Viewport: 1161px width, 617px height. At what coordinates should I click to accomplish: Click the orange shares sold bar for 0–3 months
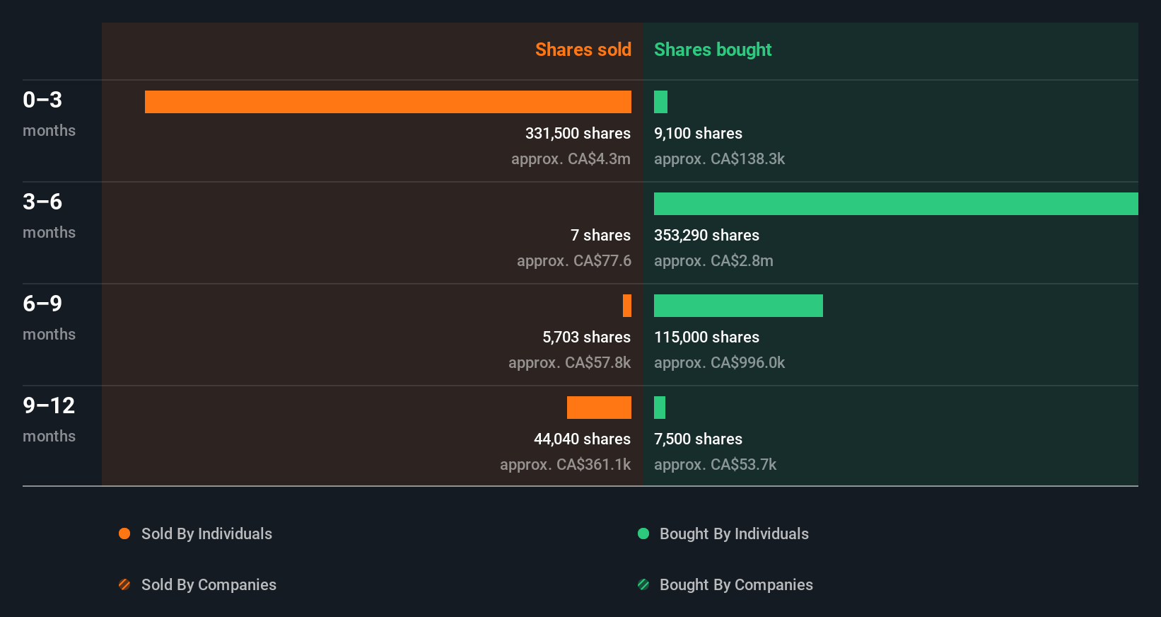[x=387, y=102]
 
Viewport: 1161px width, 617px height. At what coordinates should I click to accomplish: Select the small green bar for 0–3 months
[x=660, y=102]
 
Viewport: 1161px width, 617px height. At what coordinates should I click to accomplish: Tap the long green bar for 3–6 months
[x=895, y=204]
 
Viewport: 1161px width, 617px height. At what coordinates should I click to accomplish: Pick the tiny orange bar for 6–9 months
[x=627, y=306]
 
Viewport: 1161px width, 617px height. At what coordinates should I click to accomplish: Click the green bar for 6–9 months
[x=738, y=306]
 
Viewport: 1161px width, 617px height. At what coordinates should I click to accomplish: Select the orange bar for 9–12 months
[x=599, y=408]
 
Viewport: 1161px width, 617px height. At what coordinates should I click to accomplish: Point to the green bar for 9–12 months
[x=660, y=408]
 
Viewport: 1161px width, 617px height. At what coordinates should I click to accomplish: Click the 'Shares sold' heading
[x=583, y=50]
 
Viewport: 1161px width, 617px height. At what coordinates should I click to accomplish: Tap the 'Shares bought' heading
[x=712, y=50]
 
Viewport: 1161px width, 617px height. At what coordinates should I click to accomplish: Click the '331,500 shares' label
[x=578, y=133]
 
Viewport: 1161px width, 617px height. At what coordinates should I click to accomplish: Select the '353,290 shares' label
[x=706, y=235]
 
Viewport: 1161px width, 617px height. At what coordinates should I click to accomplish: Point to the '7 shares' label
[x=600, y=235]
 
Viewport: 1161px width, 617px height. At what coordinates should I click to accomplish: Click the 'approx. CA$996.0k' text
[x=719, y=362]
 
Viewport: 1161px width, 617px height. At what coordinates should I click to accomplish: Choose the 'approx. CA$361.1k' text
[x=565, y=464]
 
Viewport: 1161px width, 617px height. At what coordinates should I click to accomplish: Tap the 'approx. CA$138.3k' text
[x=719, y=158]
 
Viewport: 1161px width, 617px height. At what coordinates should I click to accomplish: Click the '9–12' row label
[x=49, y=405]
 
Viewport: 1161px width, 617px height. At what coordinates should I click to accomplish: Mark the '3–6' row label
[x=42, y=202]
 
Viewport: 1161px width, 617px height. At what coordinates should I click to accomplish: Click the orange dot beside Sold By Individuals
[x=124, y=534]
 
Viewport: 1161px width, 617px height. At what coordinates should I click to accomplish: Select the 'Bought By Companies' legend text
[x=736, y=584]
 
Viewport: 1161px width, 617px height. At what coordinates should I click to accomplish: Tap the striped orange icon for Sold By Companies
[x=124, y=584]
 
